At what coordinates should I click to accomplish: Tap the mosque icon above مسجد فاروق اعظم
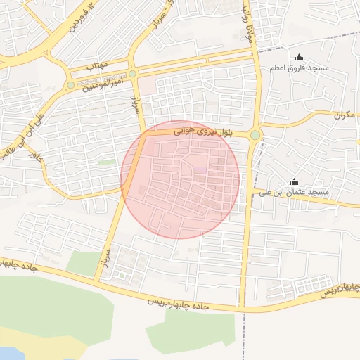click(x=298, y=58)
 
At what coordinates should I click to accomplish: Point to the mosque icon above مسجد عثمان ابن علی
click(x=294, y=181)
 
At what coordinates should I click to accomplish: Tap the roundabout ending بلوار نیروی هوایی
click(x=255, y=135)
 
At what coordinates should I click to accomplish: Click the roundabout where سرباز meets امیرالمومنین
click(x=132, y=74)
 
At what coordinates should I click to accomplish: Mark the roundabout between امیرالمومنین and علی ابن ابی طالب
click(x=70, y=85)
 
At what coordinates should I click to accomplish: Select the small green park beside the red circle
click(x=107, y=162)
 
